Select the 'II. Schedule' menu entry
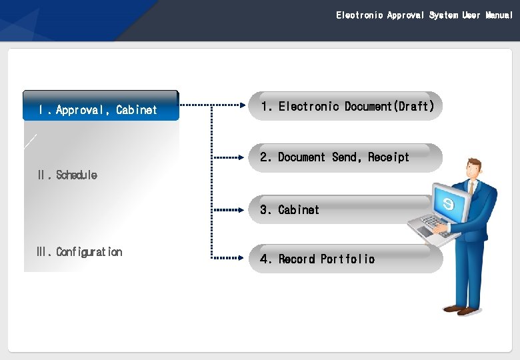coord(67,175)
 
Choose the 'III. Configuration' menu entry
coord(79,252)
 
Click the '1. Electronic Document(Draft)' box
coord(346,106)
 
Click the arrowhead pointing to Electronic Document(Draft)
coord(243,105)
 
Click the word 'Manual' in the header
coord(499,15)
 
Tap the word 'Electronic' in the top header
coord(359,15)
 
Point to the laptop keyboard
coord(434,223)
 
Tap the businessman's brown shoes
coord(462,309)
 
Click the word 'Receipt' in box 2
coord(389,157)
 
